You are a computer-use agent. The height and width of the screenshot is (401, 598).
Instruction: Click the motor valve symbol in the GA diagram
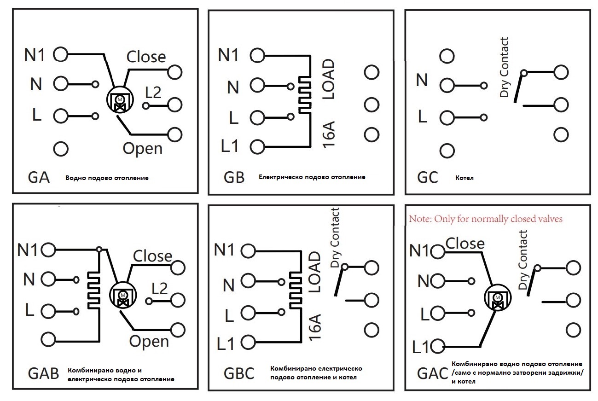pos(120,99)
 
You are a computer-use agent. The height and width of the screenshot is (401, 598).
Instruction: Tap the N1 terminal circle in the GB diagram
pos(257,55)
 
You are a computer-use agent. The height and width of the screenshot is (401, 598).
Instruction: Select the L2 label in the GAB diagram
pos(160,288)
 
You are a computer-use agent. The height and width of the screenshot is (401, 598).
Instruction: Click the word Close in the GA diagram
pos(146,57)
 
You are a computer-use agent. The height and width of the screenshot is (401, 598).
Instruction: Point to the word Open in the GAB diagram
pos(149,342)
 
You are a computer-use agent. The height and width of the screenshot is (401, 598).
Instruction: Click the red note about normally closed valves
pos(486,219)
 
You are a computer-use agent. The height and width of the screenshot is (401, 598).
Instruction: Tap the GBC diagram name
pos(238,373)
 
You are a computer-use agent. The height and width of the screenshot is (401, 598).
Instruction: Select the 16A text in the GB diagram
pos(329,134)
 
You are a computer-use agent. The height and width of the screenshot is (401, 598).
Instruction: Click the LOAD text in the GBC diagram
pos(314,272)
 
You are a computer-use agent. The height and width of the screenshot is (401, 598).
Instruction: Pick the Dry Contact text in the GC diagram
pos(504,67)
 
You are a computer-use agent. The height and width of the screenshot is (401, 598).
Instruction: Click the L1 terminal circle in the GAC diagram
pos(437,346)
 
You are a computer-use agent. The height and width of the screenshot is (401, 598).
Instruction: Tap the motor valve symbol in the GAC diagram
pos(498,297)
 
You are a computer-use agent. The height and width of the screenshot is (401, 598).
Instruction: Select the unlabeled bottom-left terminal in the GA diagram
pos(61,149)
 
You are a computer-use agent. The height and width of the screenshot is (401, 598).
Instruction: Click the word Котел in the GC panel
pos(464,178)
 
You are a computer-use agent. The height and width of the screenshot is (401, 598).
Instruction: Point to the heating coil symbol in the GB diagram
pos(305,95)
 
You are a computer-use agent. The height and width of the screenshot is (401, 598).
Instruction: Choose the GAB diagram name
pos(43,373)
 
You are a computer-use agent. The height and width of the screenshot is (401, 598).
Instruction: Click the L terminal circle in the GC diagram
pos(447,117)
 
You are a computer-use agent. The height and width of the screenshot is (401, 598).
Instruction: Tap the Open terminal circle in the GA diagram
pos(175,134)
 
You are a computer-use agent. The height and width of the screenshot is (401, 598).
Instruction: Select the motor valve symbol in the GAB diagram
pos(123,295)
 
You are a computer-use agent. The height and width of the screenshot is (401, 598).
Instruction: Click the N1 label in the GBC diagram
pos(224,250)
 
